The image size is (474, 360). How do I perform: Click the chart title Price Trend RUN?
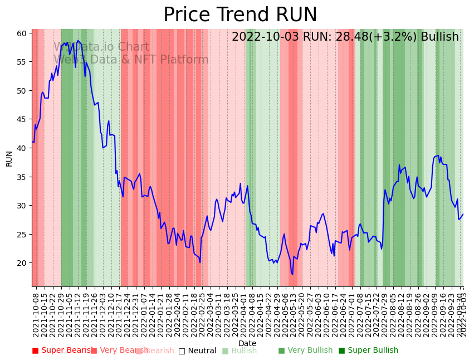pos(240,15)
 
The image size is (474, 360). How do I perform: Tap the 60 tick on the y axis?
pos(21,33)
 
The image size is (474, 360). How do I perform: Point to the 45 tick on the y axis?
pos(21,119)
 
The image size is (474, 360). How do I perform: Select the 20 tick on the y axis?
pos(21,263)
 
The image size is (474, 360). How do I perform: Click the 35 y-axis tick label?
pos(21,177)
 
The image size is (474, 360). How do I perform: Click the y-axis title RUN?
pos(9,158)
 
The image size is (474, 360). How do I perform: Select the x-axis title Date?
pos(247,343)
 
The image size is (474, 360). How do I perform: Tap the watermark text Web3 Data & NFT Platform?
pos(131,60)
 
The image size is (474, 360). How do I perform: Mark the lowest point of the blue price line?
pos(292,274)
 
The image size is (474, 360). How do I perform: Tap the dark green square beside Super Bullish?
pos(342,351)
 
